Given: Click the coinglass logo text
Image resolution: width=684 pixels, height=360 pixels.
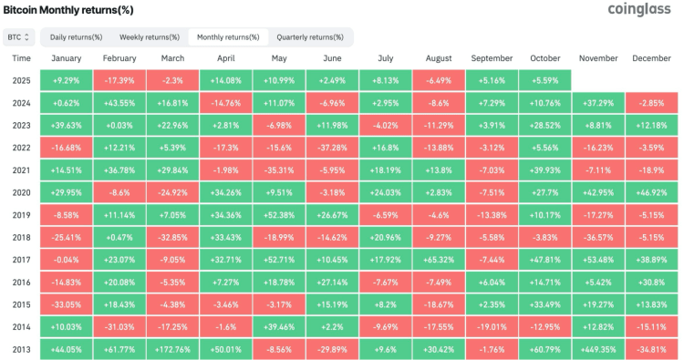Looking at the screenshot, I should [x=640, y=10].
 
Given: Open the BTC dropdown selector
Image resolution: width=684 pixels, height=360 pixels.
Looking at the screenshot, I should [x=19, y=37].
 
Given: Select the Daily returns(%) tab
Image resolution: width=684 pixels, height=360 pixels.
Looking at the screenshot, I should [x=76, y=37].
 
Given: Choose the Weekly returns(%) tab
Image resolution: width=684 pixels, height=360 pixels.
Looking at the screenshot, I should [x=150, y=37].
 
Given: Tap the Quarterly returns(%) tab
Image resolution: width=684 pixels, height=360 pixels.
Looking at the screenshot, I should [x=310, y=37].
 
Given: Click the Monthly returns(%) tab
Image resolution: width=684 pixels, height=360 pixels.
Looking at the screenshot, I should [x=228, y=37].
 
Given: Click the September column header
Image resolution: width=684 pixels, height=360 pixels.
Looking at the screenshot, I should [x=492, y=58].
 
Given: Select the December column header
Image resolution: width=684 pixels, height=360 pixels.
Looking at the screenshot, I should [x=652, y=58].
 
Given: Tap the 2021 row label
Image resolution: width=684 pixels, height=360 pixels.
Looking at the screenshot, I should [x=22, y=170].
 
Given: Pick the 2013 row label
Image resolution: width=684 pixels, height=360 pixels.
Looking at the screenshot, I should [x=22, y=348].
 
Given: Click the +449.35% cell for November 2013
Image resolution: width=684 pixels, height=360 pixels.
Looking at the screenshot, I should [x=598, y=348].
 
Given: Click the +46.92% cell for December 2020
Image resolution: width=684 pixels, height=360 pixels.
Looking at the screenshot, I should [x=652, y=192].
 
